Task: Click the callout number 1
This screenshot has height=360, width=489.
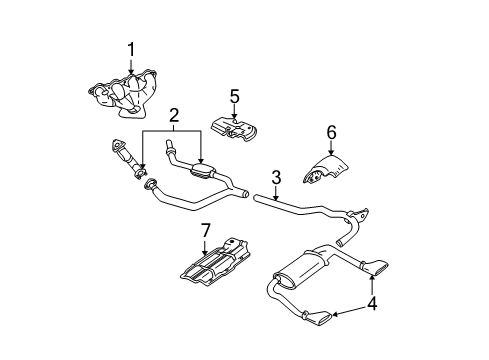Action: (x=130, y=48)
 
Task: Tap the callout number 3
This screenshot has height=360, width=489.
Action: (x=275, y=178)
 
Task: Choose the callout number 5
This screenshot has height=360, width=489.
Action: (x=234, y=97)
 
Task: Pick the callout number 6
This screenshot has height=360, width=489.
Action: (x=332, y=131)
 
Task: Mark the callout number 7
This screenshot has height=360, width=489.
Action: (x=205, y=231)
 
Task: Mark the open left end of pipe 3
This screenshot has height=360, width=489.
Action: (x=256, y=200)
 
